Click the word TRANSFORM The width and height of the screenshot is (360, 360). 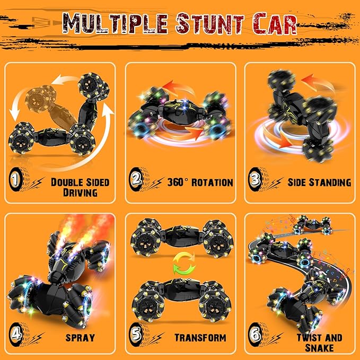click(200, 337)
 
